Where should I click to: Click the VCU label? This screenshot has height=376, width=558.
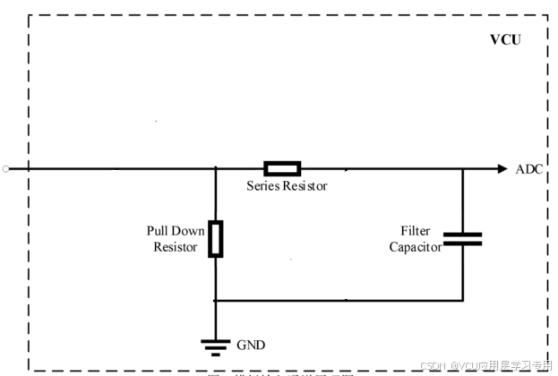(505, 40)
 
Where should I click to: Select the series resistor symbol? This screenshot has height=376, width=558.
(281, 168)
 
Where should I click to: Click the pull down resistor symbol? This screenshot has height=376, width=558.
(215, 238)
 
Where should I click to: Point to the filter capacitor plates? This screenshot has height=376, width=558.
(462, 238)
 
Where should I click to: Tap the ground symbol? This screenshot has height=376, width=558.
(215, 344)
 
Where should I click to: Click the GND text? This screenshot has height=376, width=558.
(251, 345)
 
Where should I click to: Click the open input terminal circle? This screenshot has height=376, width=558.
(5, 168)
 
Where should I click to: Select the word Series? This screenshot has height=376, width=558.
(265, 186)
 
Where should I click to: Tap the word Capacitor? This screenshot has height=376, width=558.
(415, 247)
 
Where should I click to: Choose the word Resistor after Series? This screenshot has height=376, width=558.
(306, 186)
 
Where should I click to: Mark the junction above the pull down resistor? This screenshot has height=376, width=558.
(215, 168)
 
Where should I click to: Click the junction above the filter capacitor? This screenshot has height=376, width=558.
(462, 168)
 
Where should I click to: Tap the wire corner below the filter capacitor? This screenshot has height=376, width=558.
(462, 300)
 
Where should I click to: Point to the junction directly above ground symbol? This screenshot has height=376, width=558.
(215, 300)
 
